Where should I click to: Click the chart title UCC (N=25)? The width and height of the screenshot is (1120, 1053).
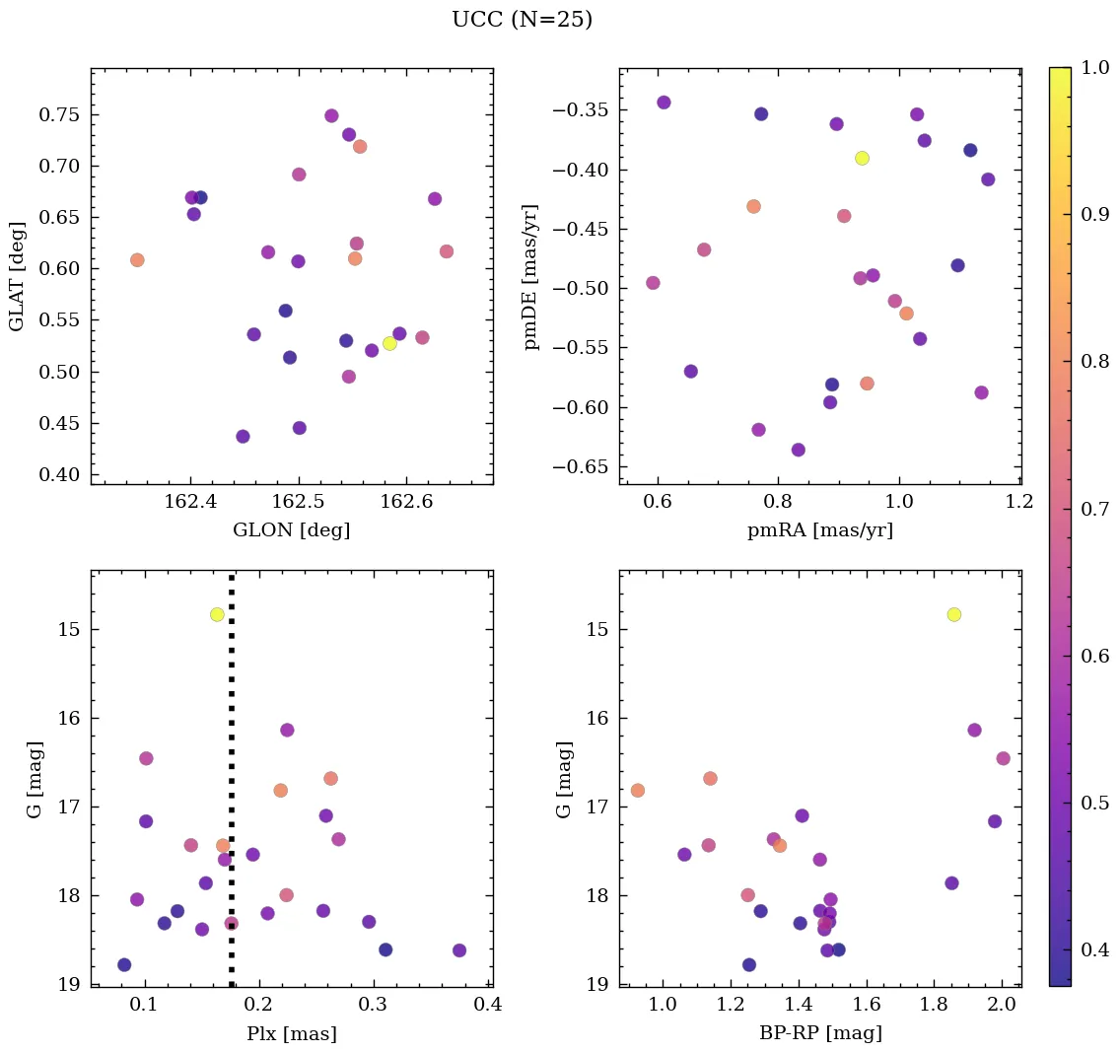(x=522, y=20)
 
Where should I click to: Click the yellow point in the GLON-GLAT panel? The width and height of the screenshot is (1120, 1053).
(x=389, y=343)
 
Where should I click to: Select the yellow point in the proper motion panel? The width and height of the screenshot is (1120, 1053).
(x=862, y=158)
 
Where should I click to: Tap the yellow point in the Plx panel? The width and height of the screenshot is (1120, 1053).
(x=217, y=614)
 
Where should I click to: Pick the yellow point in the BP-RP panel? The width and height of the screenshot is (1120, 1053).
(x=953, y=614)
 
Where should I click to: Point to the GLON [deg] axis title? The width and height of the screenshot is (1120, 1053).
(x=291, y=530)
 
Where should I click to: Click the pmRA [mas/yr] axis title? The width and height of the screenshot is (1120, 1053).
(x=820, y=530)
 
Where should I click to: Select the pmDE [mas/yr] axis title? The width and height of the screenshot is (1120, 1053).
(x=532, y=276)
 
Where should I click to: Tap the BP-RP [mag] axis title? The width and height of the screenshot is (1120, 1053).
(x=820, y=1033)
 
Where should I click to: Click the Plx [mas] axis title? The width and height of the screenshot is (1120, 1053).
(x=291, y=1033)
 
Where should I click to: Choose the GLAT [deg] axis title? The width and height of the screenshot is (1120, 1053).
(x=17, y=276)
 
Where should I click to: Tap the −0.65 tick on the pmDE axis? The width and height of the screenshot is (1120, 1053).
(x=586, y=467)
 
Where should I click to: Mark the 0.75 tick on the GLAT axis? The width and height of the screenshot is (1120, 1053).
(x=59, y=114)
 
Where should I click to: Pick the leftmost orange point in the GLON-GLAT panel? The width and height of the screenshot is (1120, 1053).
(x=137, y=260)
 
